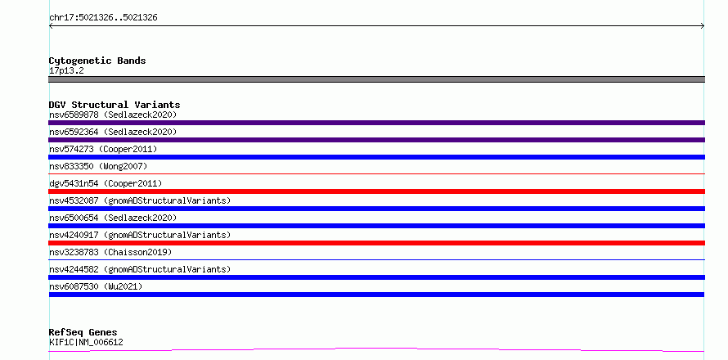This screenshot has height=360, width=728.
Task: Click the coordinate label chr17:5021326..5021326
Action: (103, 18)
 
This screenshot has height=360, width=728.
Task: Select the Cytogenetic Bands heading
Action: (97, 61)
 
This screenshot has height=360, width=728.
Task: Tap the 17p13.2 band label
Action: (66, 71)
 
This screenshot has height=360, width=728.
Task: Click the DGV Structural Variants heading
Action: (115, 105)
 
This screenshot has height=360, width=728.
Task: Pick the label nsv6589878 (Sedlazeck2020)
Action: (113, 115)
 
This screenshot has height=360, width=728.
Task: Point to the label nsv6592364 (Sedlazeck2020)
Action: (113, 132)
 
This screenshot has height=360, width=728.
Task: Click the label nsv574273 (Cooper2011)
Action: (103, 149)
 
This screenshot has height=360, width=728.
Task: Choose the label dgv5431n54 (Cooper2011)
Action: (106, 183)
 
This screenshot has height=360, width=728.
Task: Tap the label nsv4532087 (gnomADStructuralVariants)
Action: (140, 200)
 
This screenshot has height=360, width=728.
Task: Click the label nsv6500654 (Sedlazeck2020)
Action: (113, 218)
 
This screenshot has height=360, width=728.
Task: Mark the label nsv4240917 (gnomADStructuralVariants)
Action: (140, 235)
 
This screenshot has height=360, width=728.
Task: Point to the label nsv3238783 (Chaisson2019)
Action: (110, 252)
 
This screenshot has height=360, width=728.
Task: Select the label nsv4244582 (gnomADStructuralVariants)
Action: (140, 269)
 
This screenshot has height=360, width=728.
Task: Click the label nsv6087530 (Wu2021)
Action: (96, 286)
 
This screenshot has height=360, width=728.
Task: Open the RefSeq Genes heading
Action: (83, 332)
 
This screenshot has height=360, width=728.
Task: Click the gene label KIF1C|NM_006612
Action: (86, 343)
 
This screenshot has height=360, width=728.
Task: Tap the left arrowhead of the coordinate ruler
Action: (51, 26)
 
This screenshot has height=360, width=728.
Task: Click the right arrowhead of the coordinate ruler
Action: (703, 26)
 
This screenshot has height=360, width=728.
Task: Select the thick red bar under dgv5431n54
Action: (376, 191)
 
